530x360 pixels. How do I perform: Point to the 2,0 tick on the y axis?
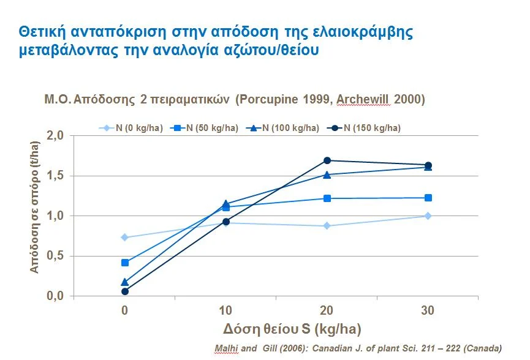pyautogui.click(x=55, y=135)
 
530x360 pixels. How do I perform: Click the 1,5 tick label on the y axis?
pyautogui.click(x=55, y=176)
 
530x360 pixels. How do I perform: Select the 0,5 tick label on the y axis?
pyautogui.click(x=55, y=256)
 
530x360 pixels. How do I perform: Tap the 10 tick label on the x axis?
pyautogui.click(x=225, y=310)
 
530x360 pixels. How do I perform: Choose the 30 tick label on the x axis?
pyautogui.click(x=428, y=310)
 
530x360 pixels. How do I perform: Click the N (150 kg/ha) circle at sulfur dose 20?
pyautogui.click(x=327, y=160)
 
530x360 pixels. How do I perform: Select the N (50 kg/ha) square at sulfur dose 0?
pyautogui.click(x=125, y=263)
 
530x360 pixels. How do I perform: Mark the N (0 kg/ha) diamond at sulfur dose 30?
pyautogui.click(x=428, y=216)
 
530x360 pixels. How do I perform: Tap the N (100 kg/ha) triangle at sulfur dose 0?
pyautogui.click(x=125, y=282)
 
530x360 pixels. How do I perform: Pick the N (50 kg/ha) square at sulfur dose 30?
pyautogui.click(x=428, y=198)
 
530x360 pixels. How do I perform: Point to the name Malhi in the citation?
pyautogui.click(x=225, y=348)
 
